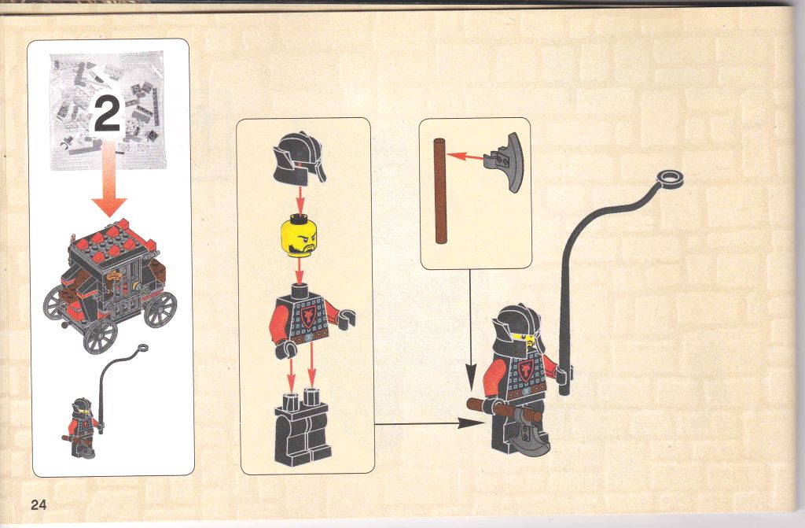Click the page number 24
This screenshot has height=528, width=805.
coord(39,505)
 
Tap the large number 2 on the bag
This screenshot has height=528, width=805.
coord(108,116)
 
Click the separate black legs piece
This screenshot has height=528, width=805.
coord(303,428)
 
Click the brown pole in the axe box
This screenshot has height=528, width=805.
coord(440,190)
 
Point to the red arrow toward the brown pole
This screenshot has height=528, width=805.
coord(465,156)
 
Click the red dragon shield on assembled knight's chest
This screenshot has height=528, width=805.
coord(525,370)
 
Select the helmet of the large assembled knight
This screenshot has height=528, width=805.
coord(517,329)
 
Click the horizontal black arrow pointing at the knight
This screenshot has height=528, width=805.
coord(429,423)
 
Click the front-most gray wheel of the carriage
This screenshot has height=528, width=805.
coord(100,336)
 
